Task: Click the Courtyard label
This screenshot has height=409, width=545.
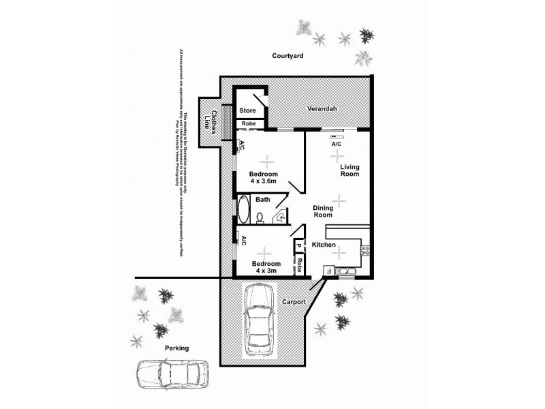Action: tap(287, 57)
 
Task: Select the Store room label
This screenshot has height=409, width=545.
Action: tap(246, 110)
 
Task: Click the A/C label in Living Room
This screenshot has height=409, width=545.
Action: tap(336, 145)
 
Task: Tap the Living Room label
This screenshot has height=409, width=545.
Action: tap(349, 170)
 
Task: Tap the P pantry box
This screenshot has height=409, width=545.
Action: tap(298, 246)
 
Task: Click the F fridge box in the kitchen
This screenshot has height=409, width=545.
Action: tap(328, 271)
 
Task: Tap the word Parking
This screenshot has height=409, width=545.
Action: tap(176, 348)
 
